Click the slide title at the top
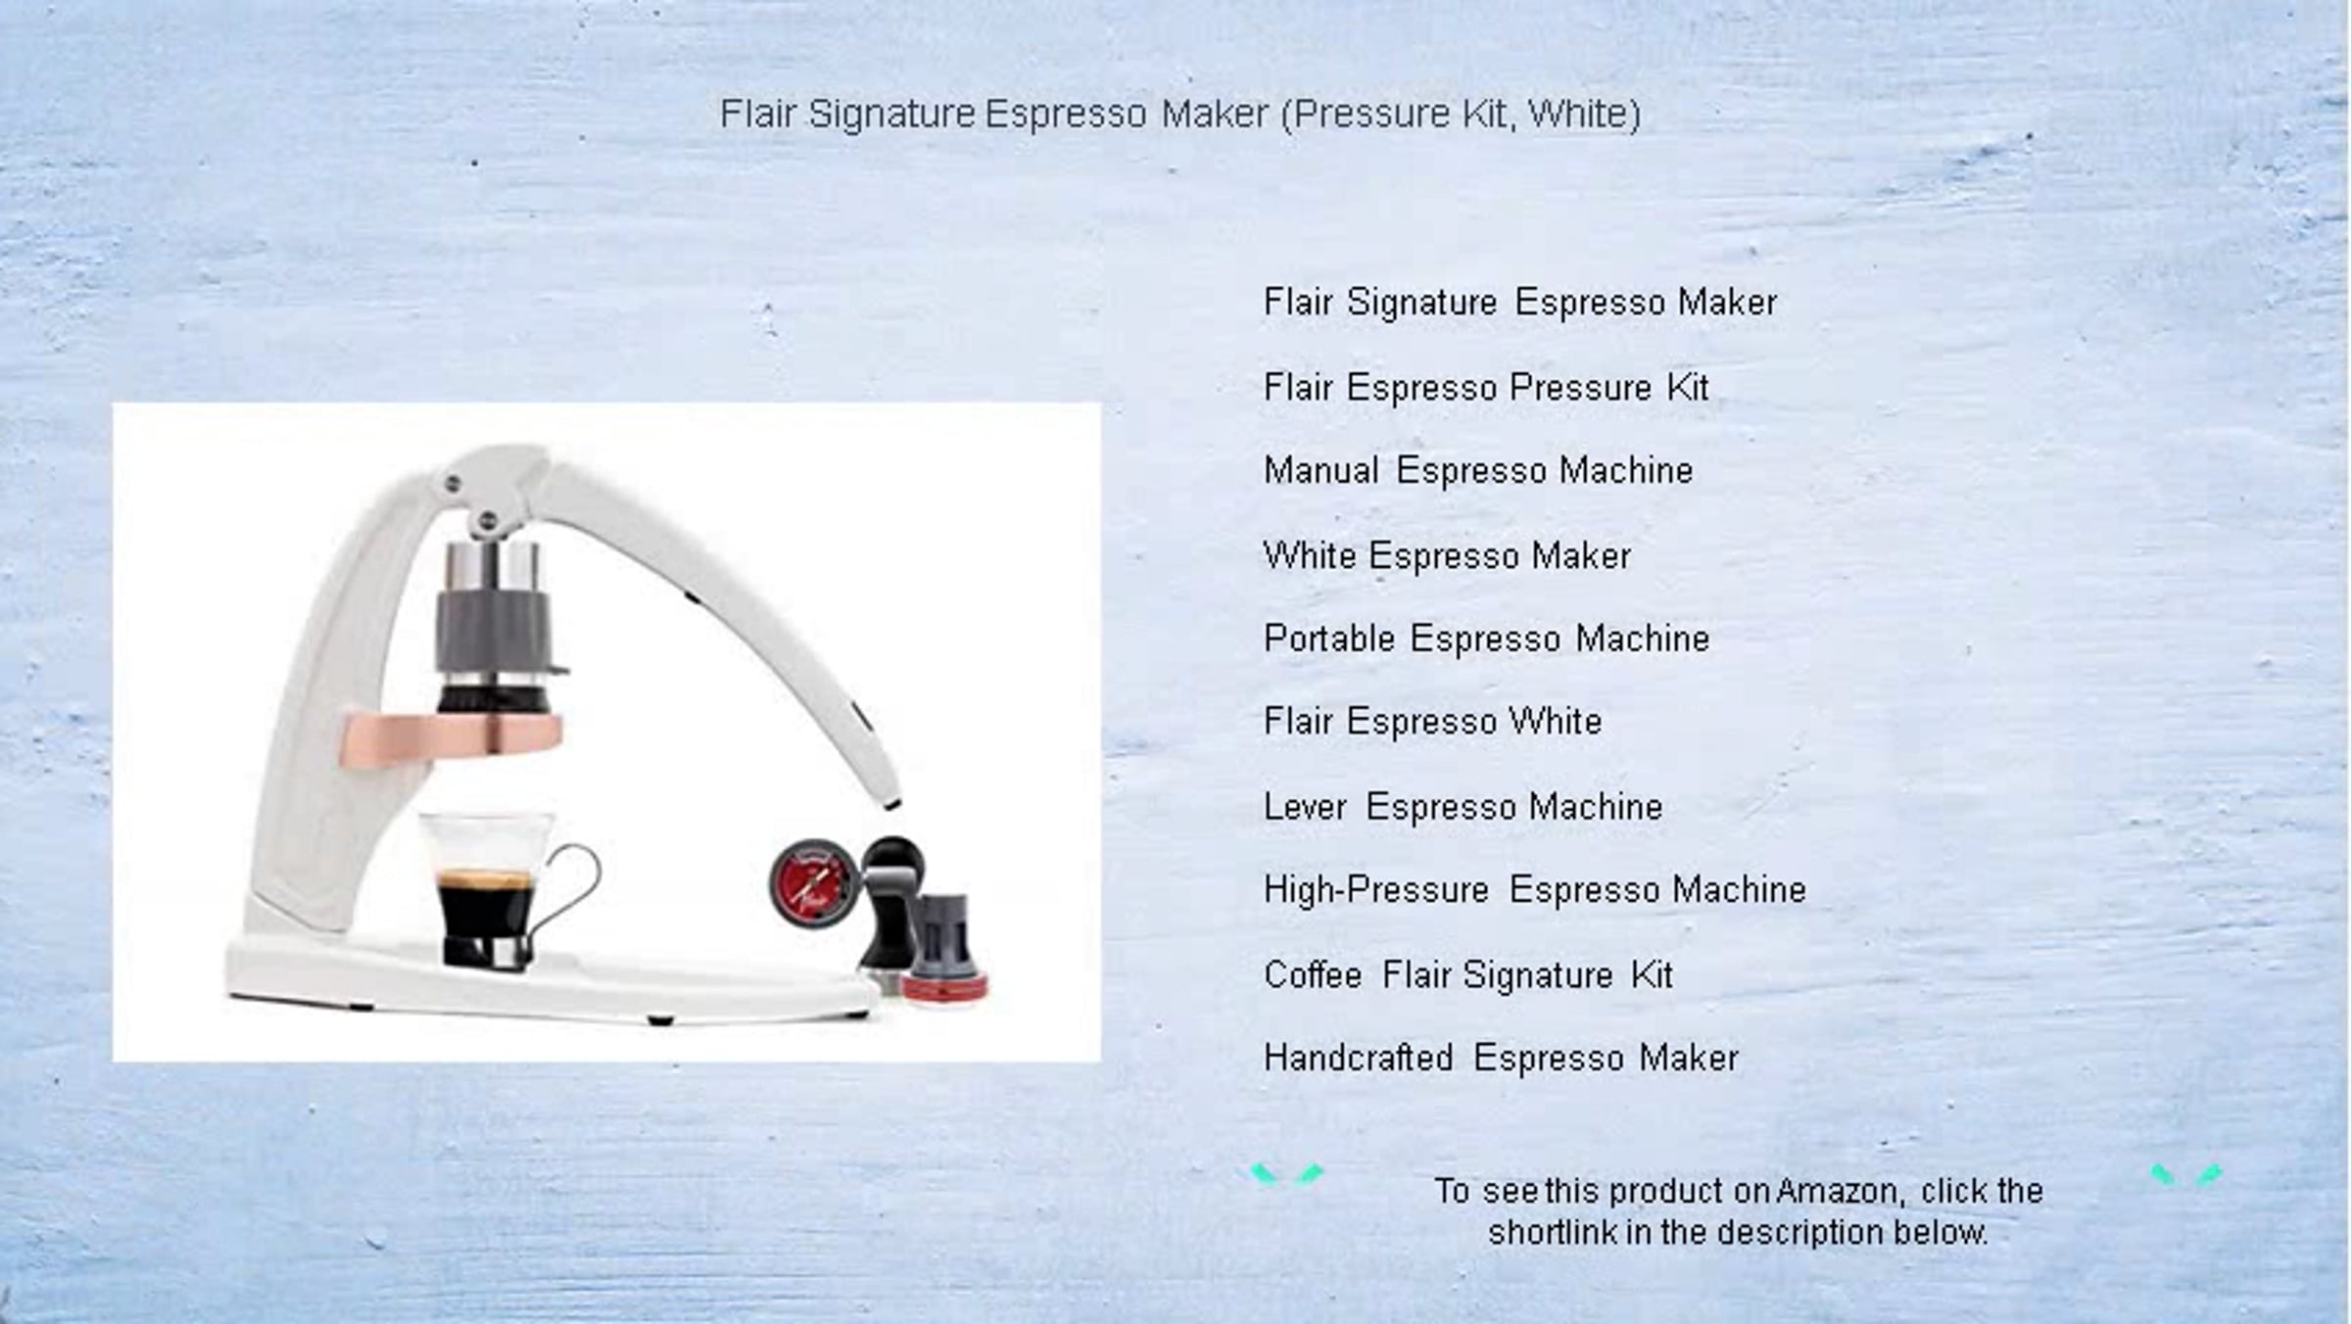click(x=1180, y=115)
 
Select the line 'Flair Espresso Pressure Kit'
click(x=1486, y=388)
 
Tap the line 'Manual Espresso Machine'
click(x=1478, y=471)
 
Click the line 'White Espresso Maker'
click(x=1447, y=556)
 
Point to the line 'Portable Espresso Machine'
click(x=1486, y=638)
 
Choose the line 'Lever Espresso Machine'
click(x=1463, y=807)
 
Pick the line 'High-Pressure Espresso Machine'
click(x=1535, y=890)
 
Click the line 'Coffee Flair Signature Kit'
click(x=1468, y=975)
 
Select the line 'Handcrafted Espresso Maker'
click(x=1501, y=1059)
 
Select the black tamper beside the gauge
click(x=891, y=911)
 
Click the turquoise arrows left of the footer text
click(x=1286, y=1174)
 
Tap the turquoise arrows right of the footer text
click(x=2186, y=1174)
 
